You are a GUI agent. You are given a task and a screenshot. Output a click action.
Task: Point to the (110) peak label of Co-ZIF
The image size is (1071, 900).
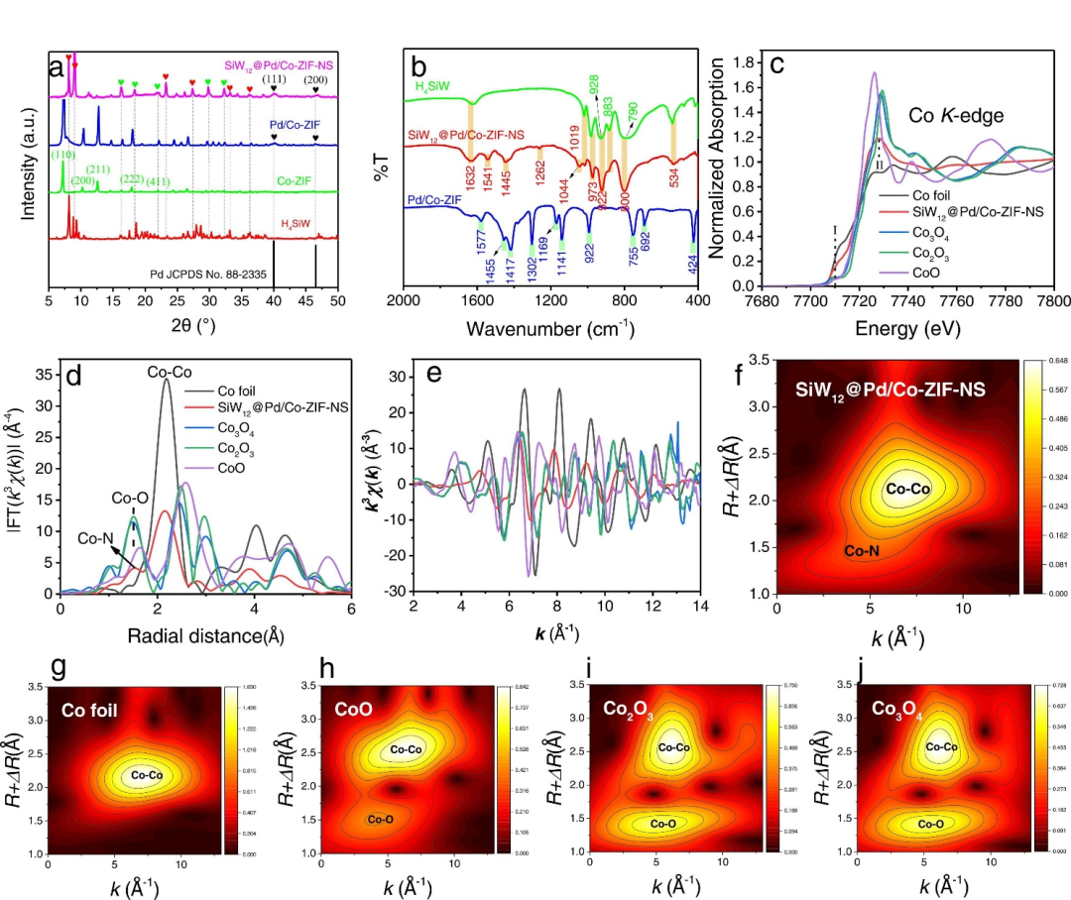click(63, 156)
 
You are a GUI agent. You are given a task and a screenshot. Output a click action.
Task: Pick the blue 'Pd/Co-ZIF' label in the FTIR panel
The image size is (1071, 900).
click(439, 202)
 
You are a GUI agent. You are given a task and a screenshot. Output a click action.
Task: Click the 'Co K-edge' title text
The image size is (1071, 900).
click(956, 116)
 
